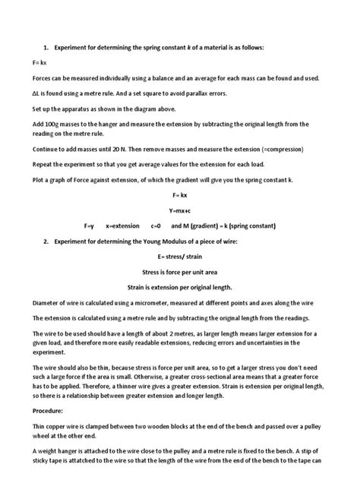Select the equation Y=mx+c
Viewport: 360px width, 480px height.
179,209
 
